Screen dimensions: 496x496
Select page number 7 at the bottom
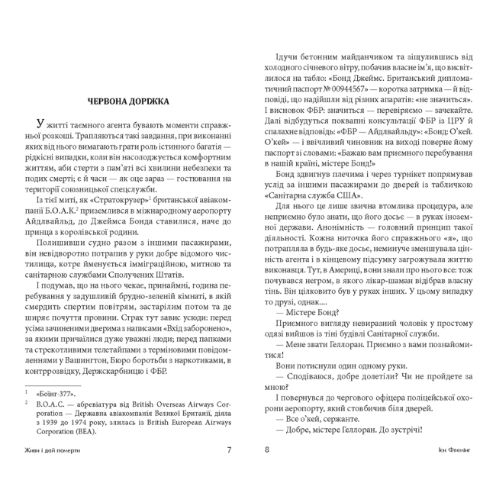click(x=230, y=470)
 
